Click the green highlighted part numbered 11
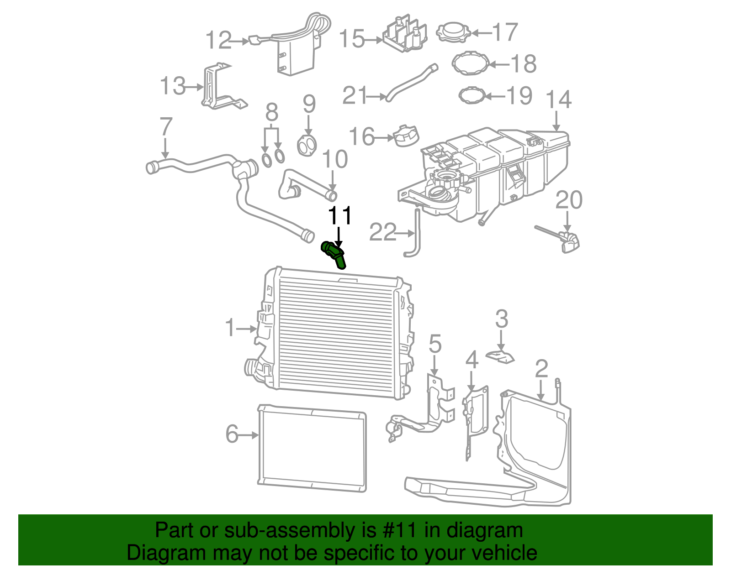(334, 255)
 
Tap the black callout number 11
(340, 215)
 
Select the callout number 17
(504, 32)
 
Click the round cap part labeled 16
(406, 136)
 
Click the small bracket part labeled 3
(500, 357)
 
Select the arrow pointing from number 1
(246, 329)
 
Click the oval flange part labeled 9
(307, 146)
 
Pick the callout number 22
(383, 232)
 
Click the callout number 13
(173, 86)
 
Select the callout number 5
(434, 344)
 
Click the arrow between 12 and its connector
(239, 42)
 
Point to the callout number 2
(541, 368)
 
